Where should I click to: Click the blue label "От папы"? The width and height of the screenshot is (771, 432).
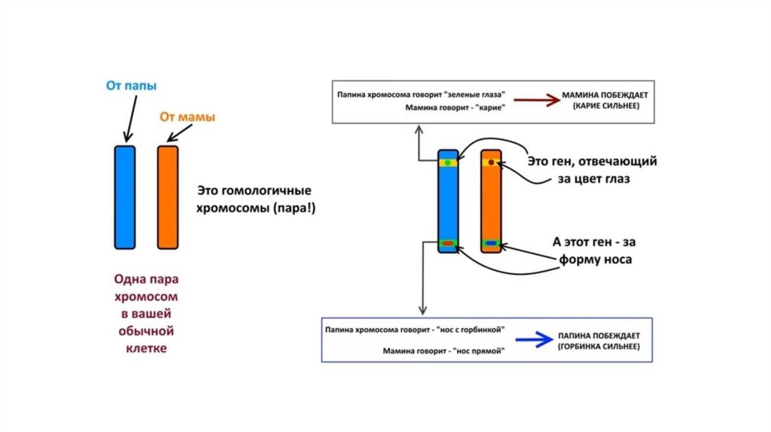click(x=131, y=87)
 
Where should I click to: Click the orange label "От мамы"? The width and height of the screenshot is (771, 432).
click(x=187, y=117)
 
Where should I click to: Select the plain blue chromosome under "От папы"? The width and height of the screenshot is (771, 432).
click(x=125, y=197)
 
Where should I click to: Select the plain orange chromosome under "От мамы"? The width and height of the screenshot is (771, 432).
click(x=168, y=197)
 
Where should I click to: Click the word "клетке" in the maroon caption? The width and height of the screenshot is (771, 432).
click(x=146, y=348)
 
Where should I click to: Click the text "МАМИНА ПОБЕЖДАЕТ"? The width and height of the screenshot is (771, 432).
click(x=605, y=97)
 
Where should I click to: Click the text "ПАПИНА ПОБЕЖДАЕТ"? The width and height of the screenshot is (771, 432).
click(x=599, y=334)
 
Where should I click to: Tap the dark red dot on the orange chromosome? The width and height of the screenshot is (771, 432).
click(x=492, y=162)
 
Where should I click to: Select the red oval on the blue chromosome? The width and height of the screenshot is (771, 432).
click(x=448, y=243)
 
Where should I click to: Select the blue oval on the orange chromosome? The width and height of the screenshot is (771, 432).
click(x=492, y=243)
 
